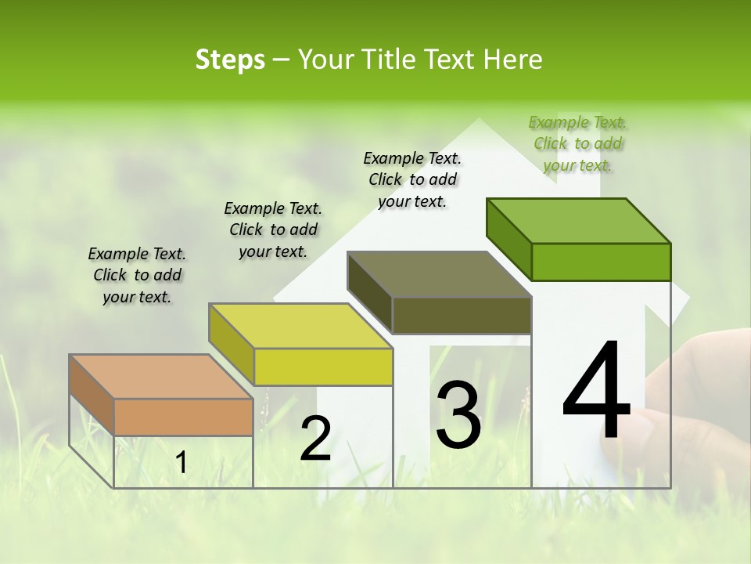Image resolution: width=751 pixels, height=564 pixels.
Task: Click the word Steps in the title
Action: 230,60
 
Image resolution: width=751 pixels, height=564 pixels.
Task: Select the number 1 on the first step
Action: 181,463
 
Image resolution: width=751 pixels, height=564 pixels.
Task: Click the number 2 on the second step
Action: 315,439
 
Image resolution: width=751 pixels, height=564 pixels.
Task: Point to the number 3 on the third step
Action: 458,415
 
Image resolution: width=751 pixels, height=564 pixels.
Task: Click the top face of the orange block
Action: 160,377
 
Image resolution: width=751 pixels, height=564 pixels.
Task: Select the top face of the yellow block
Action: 300,326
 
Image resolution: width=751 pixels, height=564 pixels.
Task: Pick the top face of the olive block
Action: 439,274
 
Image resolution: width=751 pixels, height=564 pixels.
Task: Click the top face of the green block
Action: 578,221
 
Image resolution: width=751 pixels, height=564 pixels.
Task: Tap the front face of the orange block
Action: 183,417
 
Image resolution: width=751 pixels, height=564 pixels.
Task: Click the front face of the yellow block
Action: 323,367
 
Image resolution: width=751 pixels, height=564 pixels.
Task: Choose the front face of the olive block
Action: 462,316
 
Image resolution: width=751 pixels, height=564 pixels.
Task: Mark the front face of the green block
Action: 601,262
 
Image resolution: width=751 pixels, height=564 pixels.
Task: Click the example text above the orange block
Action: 137,275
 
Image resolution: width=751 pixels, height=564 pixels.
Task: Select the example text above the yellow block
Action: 273,230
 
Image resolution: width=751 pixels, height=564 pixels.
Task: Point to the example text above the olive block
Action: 412,179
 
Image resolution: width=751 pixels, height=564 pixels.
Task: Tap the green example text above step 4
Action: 577,143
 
